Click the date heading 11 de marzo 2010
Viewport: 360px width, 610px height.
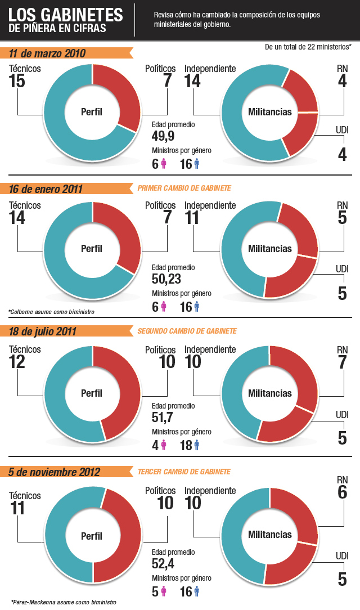(x=47, y=53)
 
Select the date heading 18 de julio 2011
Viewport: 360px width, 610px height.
(x=43, y=331)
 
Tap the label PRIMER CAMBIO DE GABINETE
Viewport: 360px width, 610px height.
(x=184, y=189)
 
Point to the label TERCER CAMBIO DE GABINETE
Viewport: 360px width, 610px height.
(x=184, y=472)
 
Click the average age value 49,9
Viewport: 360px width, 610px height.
(x=163, y=136)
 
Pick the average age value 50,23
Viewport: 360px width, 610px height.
(x=166, y=278)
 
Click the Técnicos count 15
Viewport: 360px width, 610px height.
(x=17, y=81)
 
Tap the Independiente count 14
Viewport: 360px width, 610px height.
(x=193, y=81)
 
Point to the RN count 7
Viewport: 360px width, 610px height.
(x=342, y=362)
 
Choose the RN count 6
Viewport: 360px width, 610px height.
(x=342, y=492)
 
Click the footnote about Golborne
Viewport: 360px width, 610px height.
(x=51, y=311)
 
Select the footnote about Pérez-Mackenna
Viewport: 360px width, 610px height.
(x=63, y=602)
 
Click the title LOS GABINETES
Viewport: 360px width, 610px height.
(x=66, y=14)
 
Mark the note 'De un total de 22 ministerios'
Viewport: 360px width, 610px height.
(x=308, y=47)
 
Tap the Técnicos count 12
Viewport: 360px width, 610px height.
(x=17, y=362)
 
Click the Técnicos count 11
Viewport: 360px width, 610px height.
(x=17, y=508)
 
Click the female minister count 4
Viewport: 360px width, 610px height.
(x=155, y=446)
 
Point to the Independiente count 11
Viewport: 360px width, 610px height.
(x=192, y=218)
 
